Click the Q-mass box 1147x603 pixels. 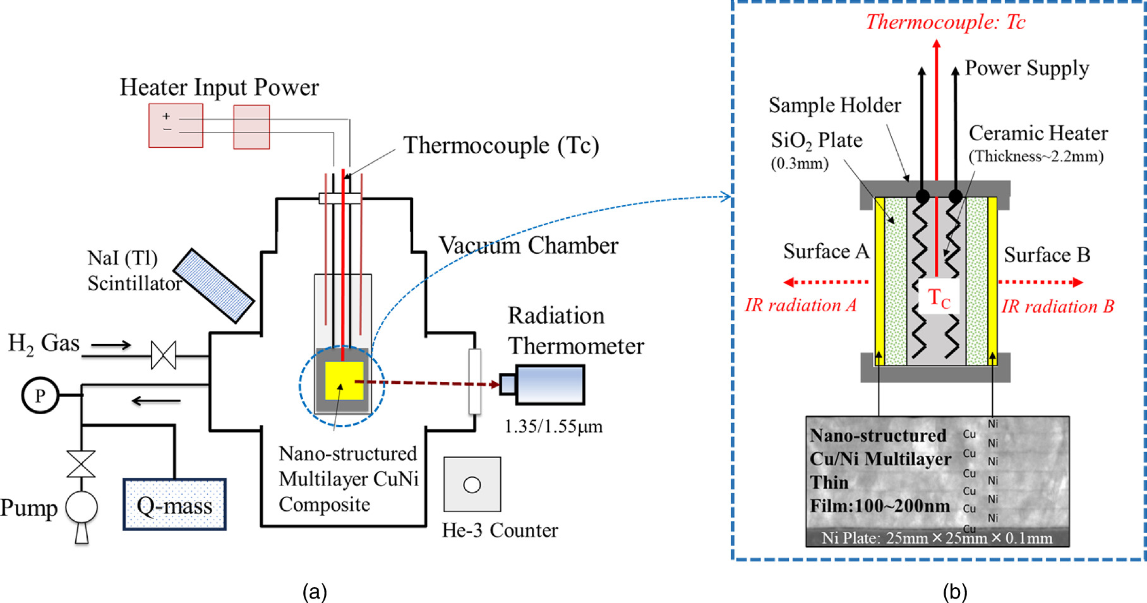pyautogui.click(x=174, y=504)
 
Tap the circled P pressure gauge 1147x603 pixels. pyautogui.click(x=40, y=395)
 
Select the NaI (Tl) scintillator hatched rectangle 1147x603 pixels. pyautogui.click(x=213, y=285)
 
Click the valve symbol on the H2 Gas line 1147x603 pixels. pyautogui.click(x=164, y=355)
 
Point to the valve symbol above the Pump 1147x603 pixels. pyautogui.click(x=81, y=463)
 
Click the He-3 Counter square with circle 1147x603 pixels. pyautogui.click(x=472, y=484)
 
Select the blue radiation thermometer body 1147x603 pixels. pyautogui.click(x=549, y=385)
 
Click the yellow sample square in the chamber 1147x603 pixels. pyautogui.click(x=344, y=381)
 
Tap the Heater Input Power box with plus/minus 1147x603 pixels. pyautogui.click(x=176, y=126)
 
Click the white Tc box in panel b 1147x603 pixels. pyautogui.click(x=939, y=296)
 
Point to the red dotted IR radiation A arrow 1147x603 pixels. pyautogui.click(x=826, y=282)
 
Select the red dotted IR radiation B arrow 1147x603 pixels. pyautogui.click(x=1040, y=282)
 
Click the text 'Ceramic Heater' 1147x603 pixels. pyautogui.click(x=1038, y=133)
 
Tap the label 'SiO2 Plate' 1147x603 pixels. pyautogui.click(x=816, y=140)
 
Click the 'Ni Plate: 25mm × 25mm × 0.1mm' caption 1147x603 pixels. pyautogui.click(x=937, y=538)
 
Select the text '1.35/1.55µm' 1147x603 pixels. pyautogui.click(x=553, y=427)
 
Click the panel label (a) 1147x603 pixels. pyautogui.click(x=315, y=592)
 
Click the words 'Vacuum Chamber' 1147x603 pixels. pyautogui.click(x=528, y=246)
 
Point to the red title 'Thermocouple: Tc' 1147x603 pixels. pyautogui.click(x=945, y=22)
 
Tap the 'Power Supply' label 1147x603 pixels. pyautogui.click(x=1026, y=68)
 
